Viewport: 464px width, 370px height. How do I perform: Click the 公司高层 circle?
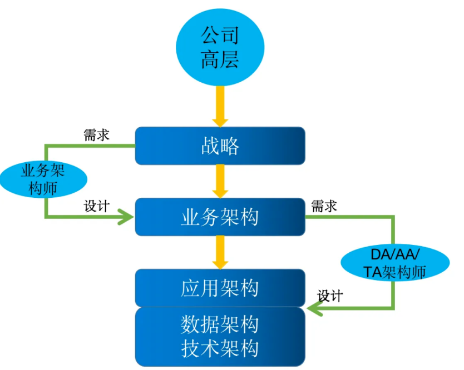pos(220,47)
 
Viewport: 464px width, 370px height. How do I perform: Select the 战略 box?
pos(220,146)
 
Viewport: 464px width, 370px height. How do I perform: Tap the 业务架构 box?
pos(220,217)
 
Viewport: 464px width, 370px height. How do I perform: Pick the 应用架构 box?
pos(220,288)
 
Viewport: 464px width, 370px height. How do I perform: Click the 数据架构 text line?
pos(220,324)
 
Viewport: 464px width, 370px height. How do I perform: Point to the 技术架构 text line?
pos(220,348)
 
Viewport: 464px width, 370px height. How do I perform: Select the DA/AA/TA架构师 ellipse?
pos(396,262)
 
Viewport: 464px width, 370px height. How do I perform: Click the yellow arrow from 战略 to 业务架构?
pos(220,181)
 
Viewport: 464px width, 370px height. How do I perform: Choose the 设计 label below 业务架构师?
pos(96,206)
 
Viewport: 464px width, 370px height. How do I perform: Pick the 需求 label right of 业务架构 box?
pos(324,206)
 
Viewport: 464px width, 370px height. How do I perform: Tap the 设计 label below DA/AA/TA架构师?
pos(329,296)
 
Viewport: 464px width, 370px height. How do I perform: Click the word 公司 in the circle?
pos(220,35)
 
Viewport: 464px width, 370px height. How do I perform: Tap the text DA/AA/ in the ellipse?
pos(396,254)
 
